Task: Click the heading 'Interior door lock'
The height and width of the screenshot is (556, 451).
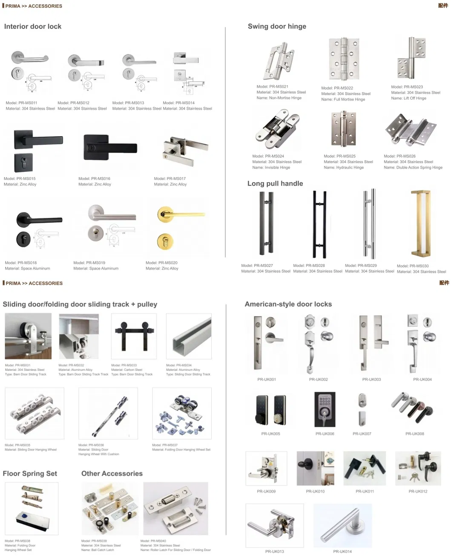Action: (x=33, y=26)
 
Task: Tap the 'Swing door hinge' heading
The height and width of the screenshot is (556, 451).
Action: (x=277, y=26)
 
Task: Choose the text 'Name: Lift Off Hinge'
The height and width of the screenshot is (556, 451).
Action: (x=408, y=98)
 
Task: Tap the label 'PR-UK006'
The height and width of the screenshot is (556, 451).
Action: (x=325, y=434)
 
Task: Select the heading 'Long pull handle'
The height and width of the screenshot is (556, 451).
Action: (x=275, y=183)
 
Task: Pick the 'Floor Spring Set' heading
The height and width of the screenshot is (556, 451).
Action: (x=30, y=473)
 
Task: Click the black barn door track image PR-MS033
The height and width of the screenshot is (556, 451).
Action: (x=134, y=336)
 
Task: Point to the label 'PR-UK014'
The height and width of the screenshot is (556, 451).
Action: (x=342, y=551)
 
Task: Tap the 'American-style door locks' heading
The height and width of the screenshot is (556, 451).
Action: (x=288, y=304)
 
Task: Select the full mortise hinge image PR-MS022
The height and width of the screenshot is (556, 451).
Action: (x=344, y=60)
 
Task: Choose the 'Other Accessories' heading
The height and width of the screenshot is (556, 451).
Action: (x=112, y=473)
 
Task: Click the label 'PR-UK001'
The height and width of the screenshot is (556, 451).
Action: (x=267, y=379)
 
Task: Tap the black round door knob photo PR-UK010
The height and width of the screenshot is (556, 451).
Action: (x=315, y=468)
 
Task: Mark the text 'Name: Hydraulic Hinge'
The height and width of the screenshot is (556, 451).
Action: (x=344, y=168)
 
